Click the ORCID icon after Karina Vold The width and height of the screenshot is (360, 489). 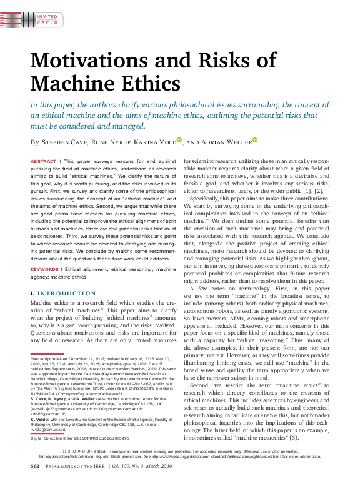click(x=179, y=141)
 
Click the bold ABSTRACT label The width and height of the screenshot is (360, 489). click(x=42, y=161)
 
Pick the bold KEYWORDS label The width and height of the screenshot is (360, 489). click(x=44, y=270)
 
